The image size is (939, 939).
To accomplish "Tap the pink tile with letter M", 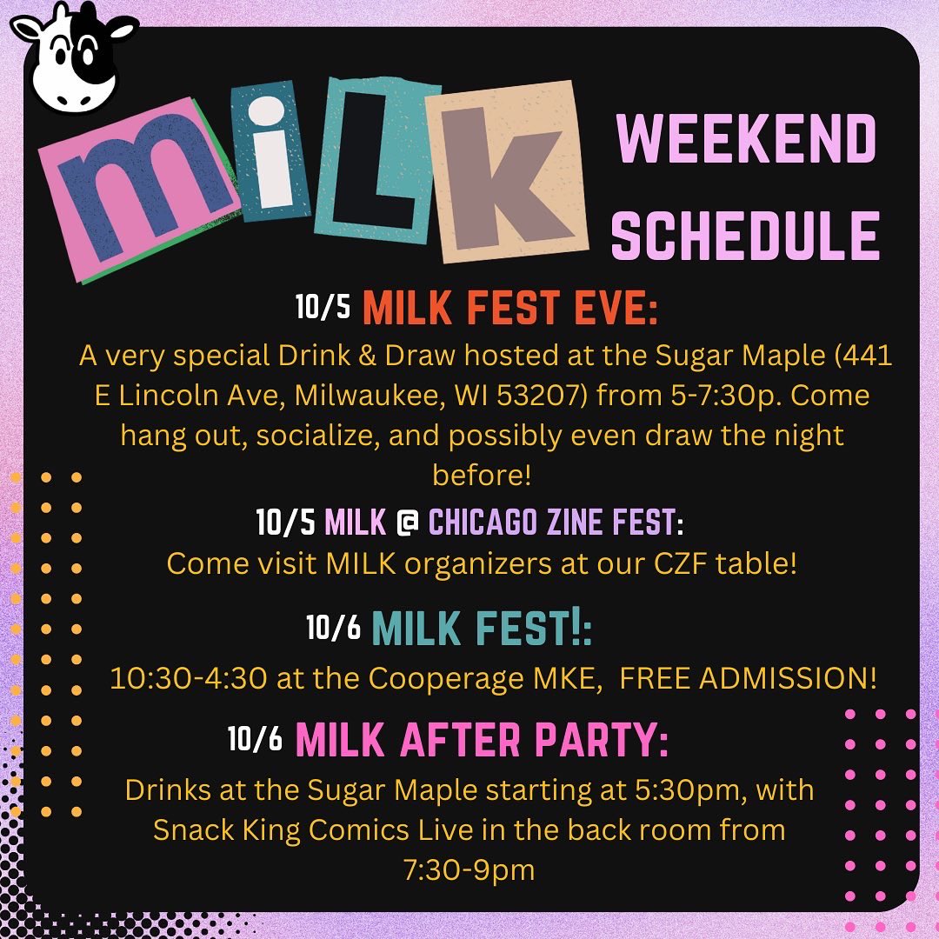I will [139, 187].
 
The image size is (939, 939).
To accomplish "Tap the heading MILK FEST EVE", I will [509, 310].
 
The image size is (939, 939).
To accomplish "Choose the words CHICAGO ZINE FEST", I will [552, 523].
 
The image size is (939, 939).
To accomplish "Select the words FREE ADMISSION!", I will [749, 678].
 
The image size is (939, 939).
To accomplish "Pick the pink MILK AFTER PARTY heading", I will [482, 740].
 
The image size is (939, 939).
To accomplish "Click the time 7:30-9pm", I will [469, 869].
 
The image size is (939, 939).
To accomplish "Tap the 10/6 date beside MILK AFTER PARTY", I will [256, 739].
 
